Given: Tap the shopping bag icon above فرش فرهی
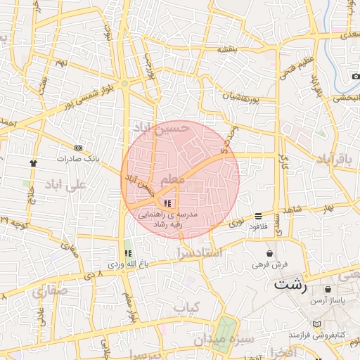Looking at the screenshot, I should [270, 253].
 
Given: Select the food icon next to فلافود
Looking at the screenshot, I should [259, 215].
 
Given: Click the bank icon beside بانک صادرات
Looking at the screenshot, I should [78, 148].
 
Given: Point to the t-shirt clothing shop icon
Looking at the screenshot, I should [33, 162].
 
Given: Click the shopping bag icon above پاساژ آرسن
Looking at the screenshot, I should [328, 290].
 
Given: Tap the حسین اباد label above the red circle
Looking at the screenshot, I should [161, 127].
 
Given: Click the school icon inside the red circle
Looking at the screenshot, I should [167, 202].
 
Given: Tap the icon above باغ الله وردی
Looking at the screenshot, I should [127, 253].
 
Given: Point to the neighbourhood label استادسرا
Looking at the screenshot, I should [199, 251].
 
